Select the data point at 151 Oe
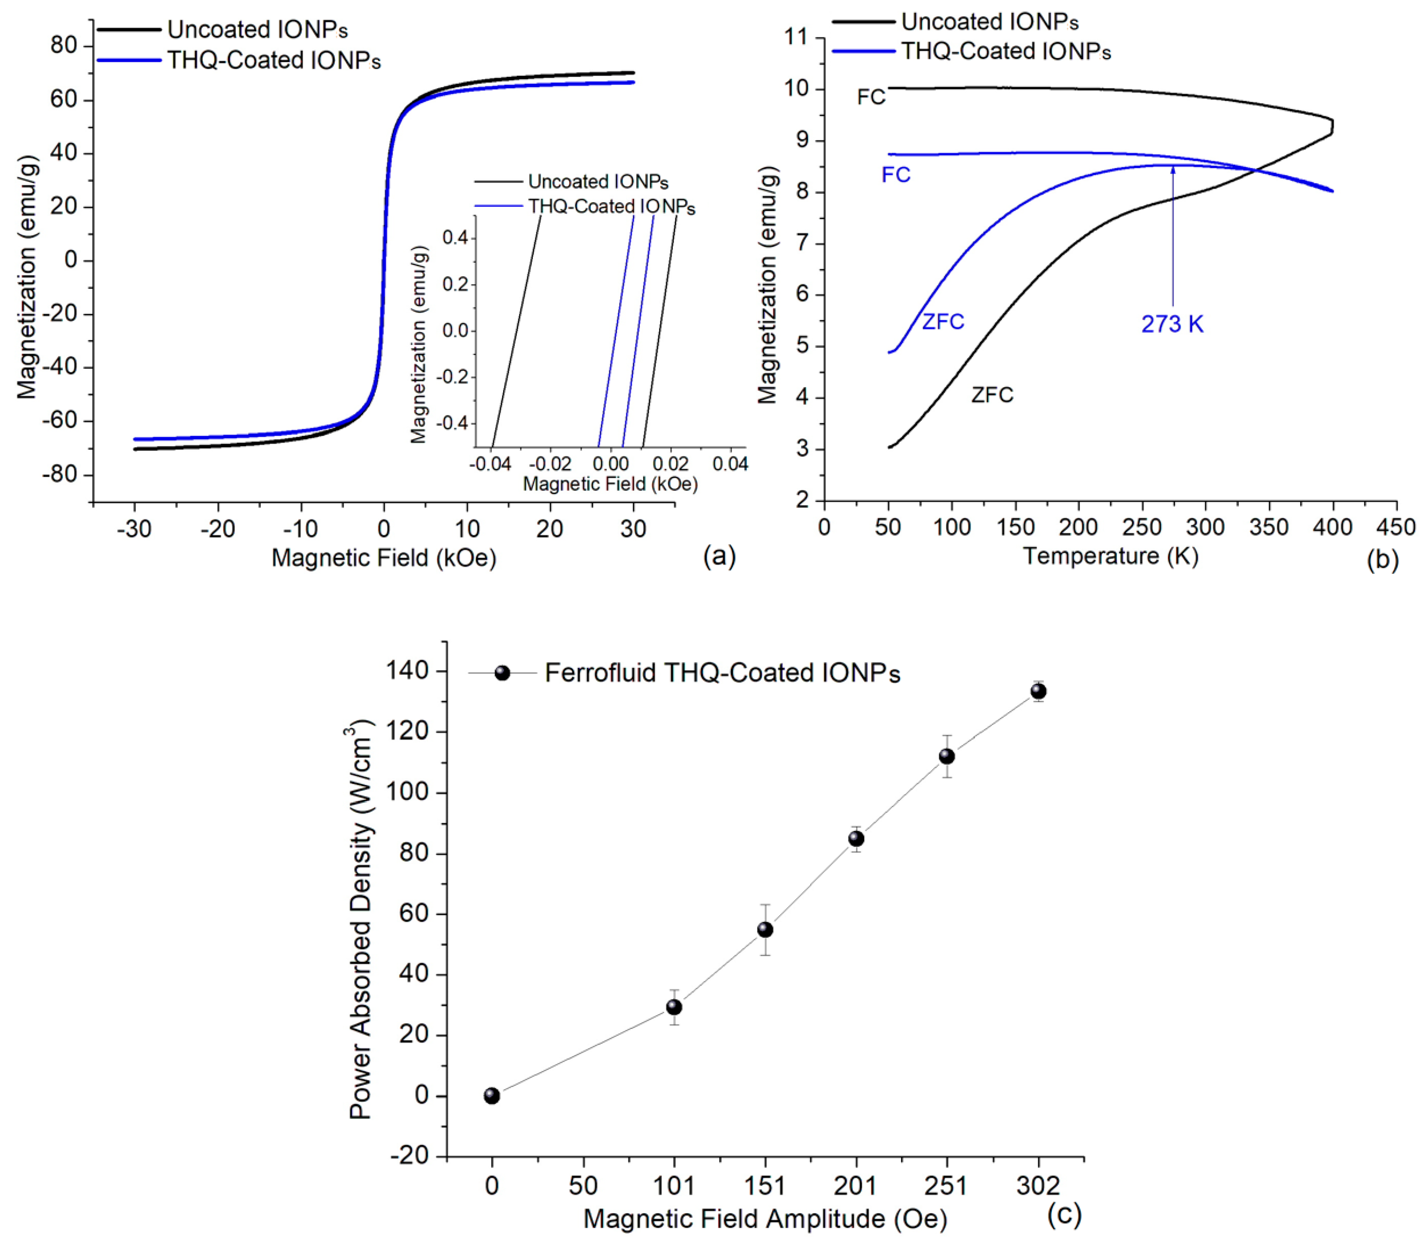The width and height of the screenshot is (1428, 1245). click(x=765, y=930)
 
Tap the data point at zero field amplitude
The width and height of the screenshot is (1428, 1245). click(x=492, y=1096)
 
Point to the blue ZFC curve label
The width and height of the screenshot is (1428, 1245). click(x=943, y=322)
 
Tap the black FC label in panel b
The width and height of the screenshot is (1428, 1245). click(x=871, y=97)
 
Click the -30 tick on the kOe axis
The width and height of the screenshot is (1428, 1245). click(x=134, y=529)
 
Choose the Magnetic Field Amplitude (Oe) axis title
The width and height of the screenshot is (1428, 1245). click(x=765, y=1219)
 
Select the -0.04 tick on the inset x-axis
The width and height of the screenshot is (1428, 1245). click(x=491, y=464)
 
